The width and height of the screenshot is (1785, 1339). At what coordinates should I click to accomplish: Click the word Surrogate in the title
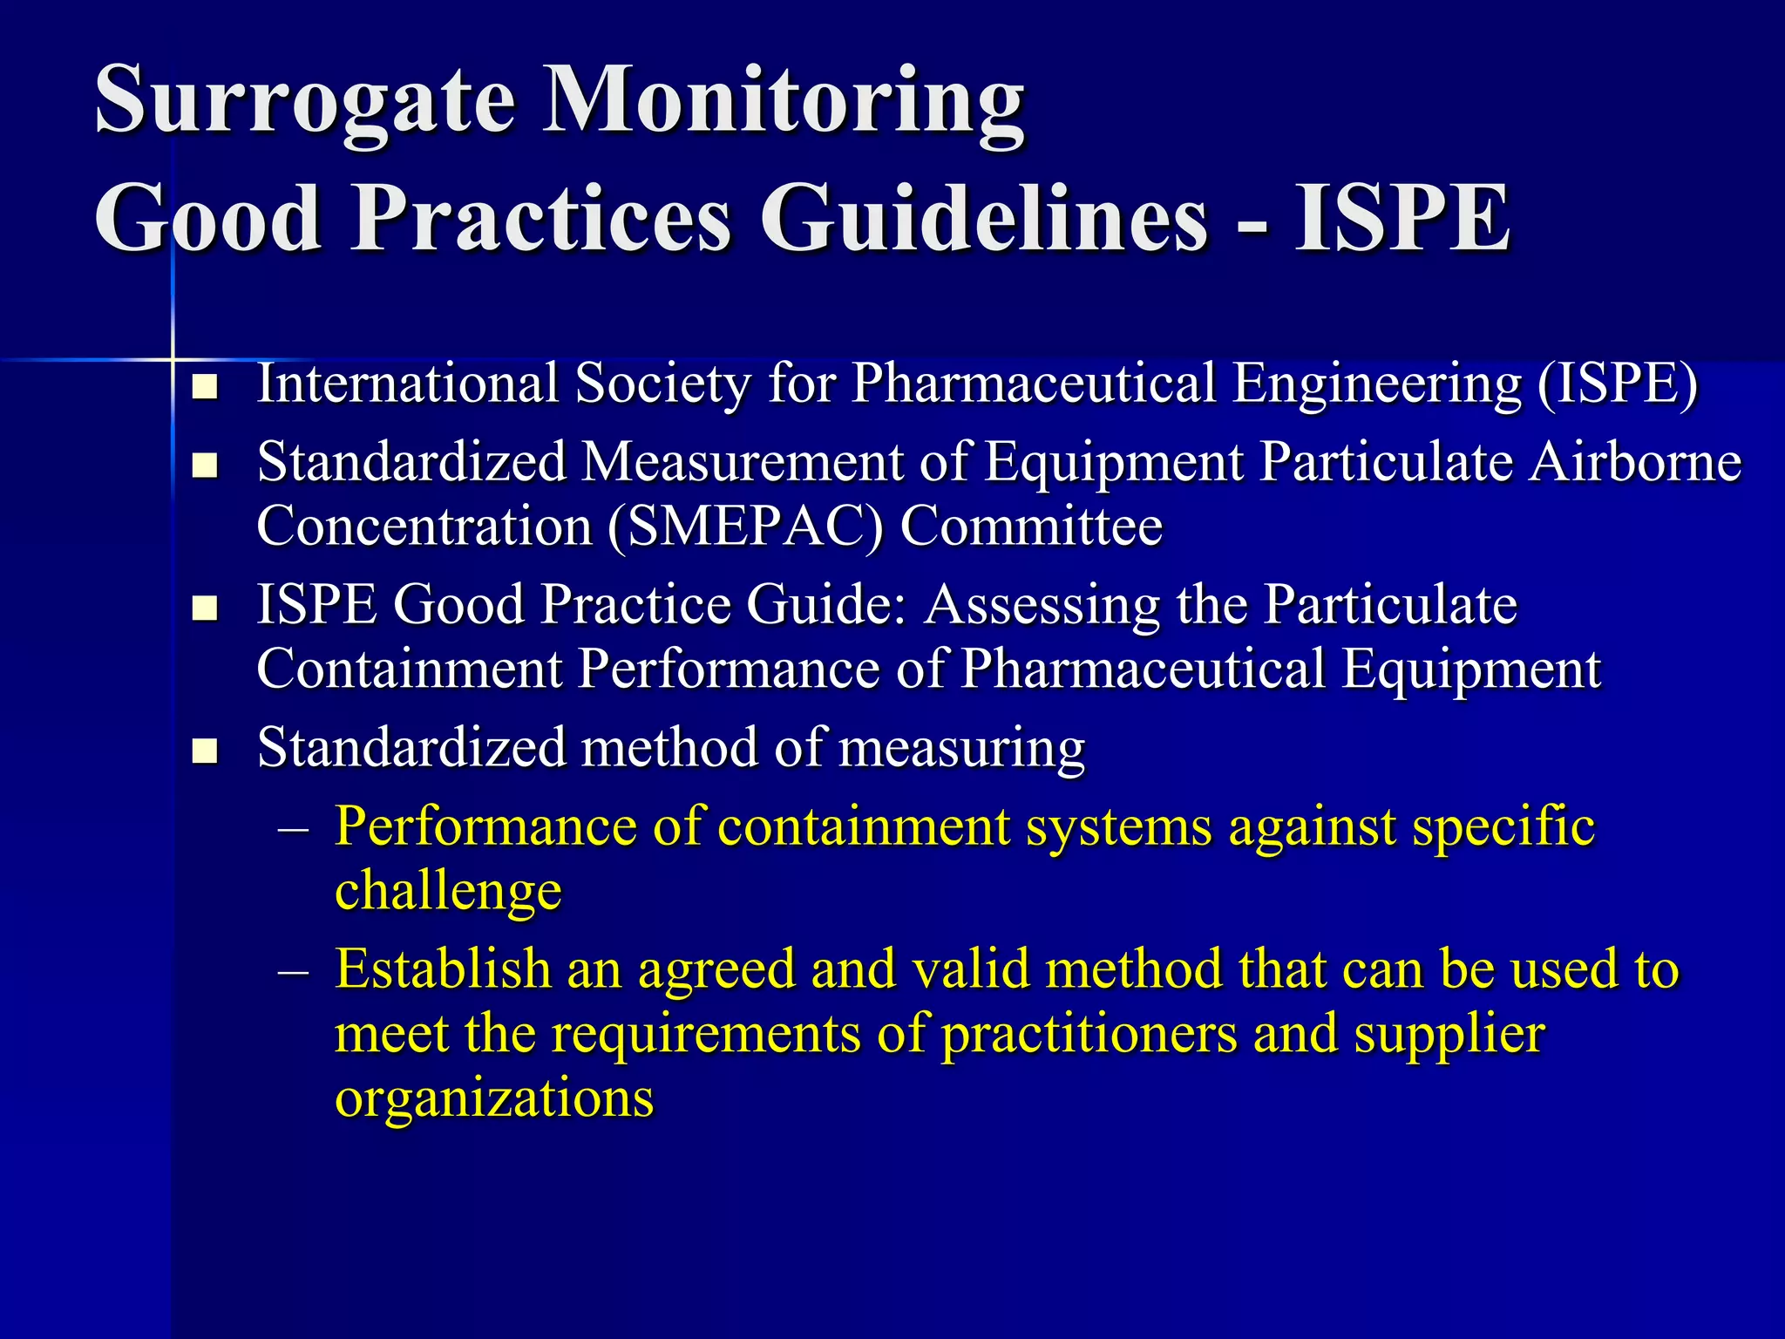click(x=305, y=101)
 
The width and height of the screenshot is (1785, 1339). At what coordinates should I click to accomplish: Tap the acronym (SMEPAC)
click(x=745, y=527)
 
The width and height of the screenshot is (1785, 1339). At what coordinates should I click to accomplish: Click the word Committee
click(x=1031, y=527)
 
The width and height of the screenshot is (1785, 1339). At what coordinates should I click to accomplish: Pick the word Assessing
click(x=1042, y=604)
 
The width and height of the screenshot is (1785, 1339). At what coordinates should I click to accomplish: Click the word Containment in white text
click(x=410, y=669)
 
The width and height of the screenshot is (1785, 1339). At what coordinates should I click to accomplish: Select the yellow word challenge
click(x=448, y=891)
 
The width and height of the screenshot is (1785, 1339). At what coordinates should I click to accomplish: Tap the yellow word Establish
click(x=443, y=969)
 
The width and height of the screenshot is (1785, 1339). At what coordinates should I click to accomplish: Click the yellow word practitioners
click(x=1089, y=1034)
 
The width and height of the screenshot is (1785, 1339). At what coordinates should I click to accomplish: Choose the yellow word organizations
click(x=494, y=1098)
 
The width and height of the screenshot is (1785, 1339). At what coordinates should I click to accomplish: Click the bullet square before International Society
click(x=205, y=387)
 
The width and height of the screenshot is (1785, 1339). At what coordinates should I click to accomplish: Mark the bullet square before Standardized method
click(x=205, y=751)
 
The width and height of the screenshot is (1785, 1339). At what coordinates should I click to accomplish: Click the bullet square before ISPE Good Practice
click(x=205, y=608)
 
